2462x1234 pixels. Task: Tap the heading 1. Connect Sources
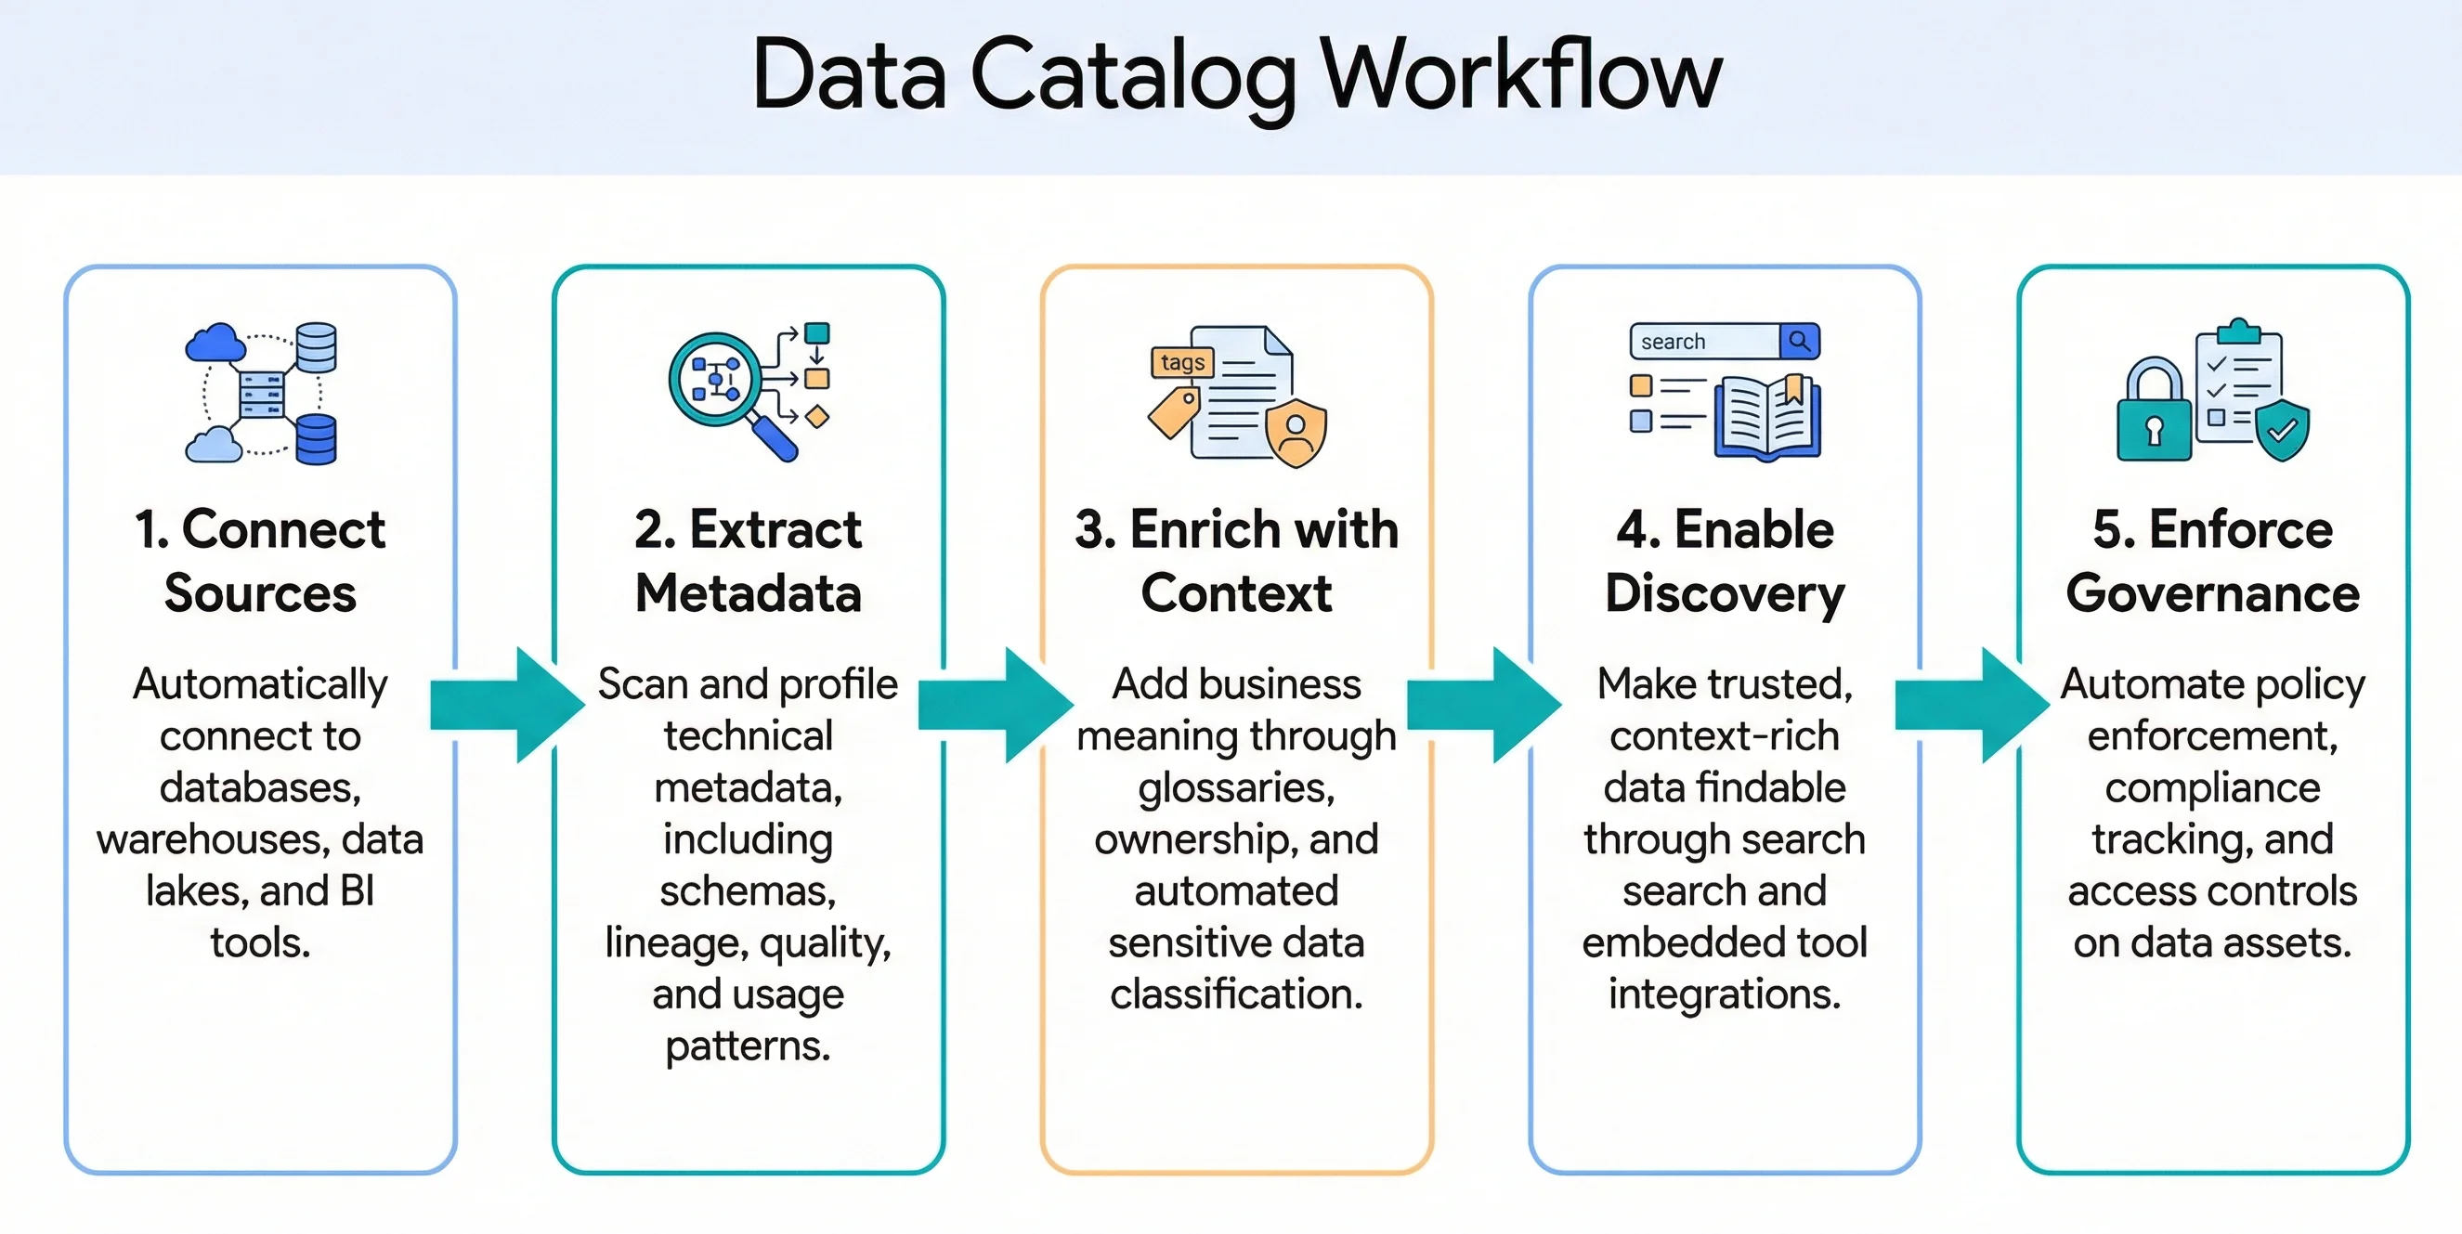pos(260,561)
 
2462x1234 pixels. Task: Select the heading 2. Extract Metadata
pos(749,561)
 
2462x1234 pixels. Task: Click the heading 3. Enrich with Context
pos(1237,561)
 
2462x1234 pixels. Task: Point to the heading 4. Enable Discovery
pos(1725,561)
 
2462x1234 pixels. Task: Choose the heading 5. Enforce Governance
pos(2212,561)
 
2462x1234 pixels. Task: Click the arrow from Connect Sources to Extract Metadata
pos(506,706)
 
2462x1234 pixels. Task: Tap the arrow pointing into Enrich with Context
pos(995,706)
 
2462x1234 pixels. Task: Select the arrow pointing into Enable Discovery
pos(1483,706)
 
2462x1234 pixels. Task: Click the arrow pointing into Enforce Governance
pos(1972,706)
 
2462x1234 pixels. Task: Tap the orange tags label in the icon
pos(1182,362)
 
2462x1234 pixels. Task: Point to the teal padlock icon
pos(2155,413)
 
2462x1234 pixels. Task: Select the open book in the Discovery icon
pos(1768,418)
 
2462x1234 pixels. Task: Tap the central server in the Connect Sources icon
pos(261,393)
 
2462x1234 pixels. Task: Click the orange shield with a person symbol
pos(1296,434)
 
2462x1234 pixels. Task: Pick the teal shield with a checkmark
pos(2283,430)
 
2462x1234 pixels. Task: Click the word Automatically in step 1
pos(260,684)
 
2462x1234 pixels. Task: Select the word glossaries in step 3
pos(1237,788)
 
